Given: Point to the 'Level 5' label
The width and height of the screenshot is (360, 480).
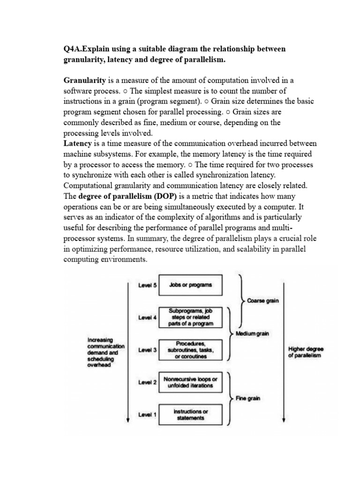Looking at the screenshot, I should tap(148, 285).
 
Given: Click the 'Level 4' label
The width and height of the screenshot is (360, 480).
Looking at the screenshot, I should tap(148, 317).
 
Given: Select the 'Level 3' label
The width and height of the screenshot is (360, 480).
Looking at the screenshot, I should tap(148, 350).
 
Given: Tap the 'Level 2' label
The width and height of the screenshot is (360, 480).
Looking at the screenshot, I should tap(148, 382).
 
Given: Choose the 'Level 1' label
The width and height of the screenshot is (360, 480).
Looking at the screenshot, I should tap(148, 415).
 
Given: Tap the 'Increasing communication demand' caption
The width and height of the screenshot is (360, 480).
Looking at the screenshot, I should tap(106, 352).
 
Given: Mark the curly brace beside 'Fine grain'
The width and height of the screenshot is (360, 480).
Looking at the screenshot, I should tap(229, 398).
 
